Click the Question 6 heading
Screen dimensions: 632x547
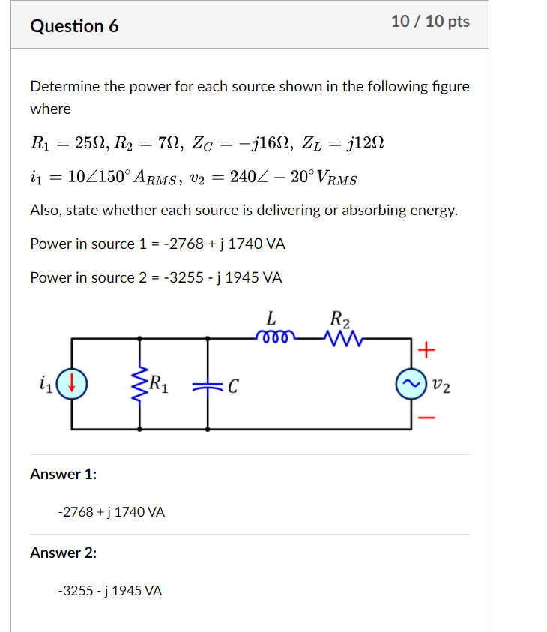tap(74, 26)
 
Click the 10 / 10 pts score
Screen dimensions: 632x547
tap(430, 22)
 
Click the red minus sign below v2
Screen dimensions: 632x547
tap(426, 418)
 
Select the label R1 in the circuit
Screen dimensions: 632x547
tap(160, 385)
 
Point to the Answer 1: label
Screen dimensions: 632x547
tap(64, 474)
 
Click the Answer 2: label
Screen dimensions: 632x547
tap(64, 553)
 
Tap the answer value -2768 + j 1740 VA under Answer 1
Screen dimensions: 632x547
tap(111, 512)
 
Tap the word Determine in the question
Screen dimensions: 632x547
tap(64, 86)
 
